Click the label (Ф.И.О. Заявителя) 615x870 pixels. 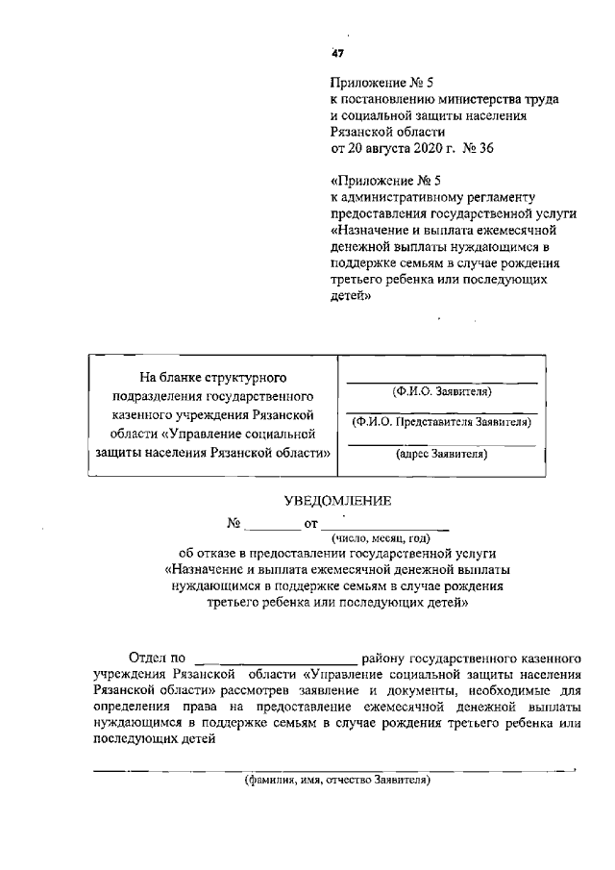[441, 392]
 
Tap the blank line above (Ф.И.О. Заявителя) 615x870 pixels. [441, 381]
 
